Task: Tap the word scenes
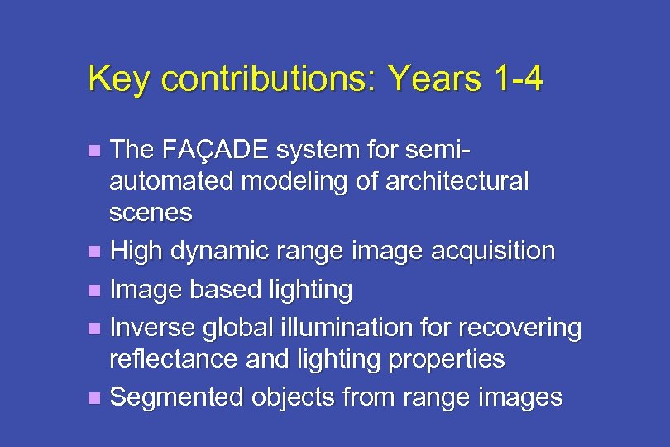(151, 213)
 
